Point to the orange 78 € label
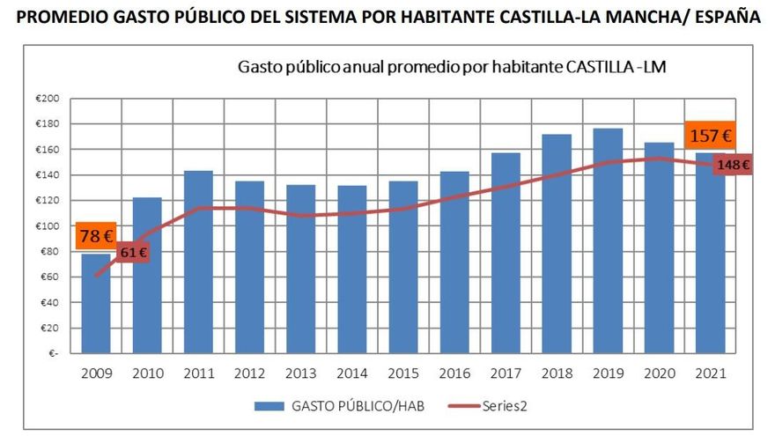(x=96, y=236)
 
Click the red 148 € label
(x=732, y=164)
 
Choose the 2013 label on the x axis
(x=301, y=373)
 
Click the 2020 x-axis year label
(x=660, y=373)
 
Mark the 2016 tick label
(x=455, y=373)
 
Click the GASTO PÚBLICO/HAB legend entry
(x=350, y=406)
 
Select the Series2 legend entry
(x=505, y=406)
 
